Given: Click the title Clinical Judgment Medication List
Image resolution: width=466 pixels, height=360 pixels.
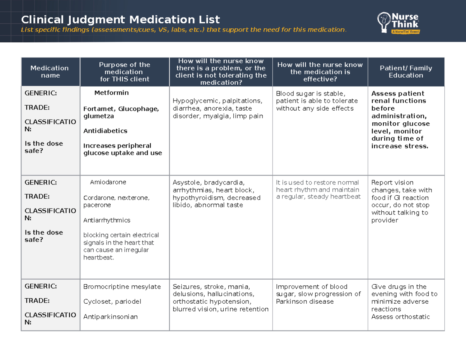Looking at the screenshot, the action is click(x=120, y=19).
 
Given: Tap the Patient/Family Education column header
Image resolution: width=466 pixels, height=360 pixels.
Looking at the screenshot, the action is click(x=406, y=72).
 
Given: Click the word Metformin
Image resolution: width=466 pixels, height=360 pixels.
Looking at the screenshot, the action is click(x=111, y=93).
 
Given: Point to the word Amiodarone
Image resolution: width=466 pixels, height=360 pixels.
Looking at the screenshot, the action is click(x=108, y=182).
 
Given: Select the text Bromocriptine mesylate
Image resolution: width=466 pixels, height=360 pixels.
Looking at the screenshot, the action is click(x=122, y=287).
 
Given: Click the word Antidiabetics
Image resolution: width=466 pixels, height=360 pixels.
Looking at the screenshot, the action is click(x=105, y=131).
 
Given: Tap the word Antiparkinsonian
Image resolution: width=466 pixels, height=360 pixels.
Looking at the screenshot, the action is click(x=111, y=317).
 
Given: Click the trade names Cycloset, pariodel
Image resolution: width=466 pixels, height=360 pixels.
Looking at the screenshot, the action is click(x=112, y=302).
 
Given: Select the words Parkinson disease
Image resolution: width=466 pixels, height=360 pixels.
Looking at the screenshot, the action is click(x=305, y=302).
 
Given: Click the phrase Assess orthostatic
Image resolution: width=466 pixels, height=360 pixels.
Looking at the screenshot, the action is click(x=400, y=317).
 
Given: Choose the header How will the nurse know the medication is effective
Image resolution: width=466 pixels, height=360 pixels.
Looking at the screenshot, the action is click(x=320, y=72).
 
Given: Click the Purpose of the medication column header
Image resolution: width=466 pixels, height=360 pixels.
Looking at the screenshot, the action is click(x=124, y=72).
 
